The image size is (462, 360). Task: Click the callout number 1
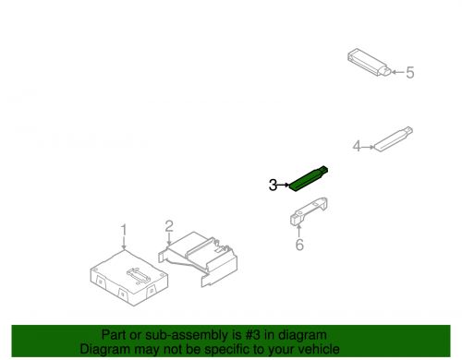[124, 231]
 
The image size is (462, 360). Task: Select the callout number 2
[169, 226]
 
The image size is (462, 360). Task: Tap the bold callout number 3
[273, 186]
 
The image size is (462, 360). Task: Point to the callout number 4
[357, 146]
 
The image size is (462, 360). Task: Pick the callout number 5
[410, 73]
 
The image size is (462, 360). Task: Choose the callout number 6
[299, 245]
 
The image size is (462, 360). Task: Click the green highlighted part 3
[308, 179]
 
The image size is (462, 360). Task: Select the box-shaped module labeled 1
[129, 278]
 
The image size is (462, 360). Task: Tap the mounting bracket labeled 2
[198, 259]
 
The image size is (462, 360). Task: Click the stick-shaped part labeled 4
[394, 139]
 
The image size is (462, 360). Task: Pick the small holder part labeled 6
[309, 211]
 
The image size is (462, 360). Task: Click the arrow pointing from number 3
[284, 185]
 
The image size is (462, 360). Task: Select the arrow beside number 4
[368, 147]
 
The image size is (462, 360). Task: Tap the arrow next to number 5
[397, 72]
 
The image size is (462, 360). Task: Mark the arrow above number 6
[298, 232]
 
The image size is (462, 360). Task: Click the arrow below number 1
[124, 244]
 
